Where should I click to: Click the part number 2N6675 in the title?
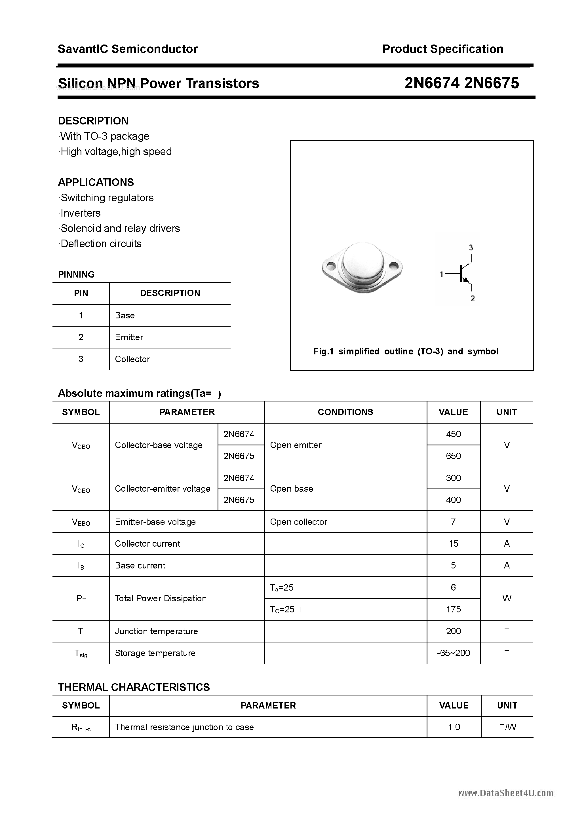tap(491, 83)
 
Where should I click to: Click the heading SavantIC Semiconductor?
tap(128, 49)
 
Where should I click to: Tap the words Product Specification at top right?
tap(442, 49)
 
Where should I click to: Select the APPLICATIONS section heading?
tap(96, 182)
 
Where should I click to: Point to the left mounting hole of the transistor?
tap(330, 267)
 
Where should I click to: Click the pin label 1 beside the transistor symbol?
tap(441, 274)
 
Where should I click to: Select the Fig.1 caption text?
tap(406, 351)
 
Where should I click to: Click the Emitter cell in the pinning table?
tap(129, 337)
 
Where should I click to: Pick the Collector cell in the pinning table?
tap(132, 359)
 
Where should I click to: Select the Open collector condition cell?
tap(298, 522)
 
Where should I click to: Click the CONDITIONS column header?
tap(345, 412)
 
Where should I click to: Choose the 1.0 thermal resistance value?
tap(454, 727)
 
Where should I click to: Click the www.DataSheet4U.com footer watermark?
tap(505, 793)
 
